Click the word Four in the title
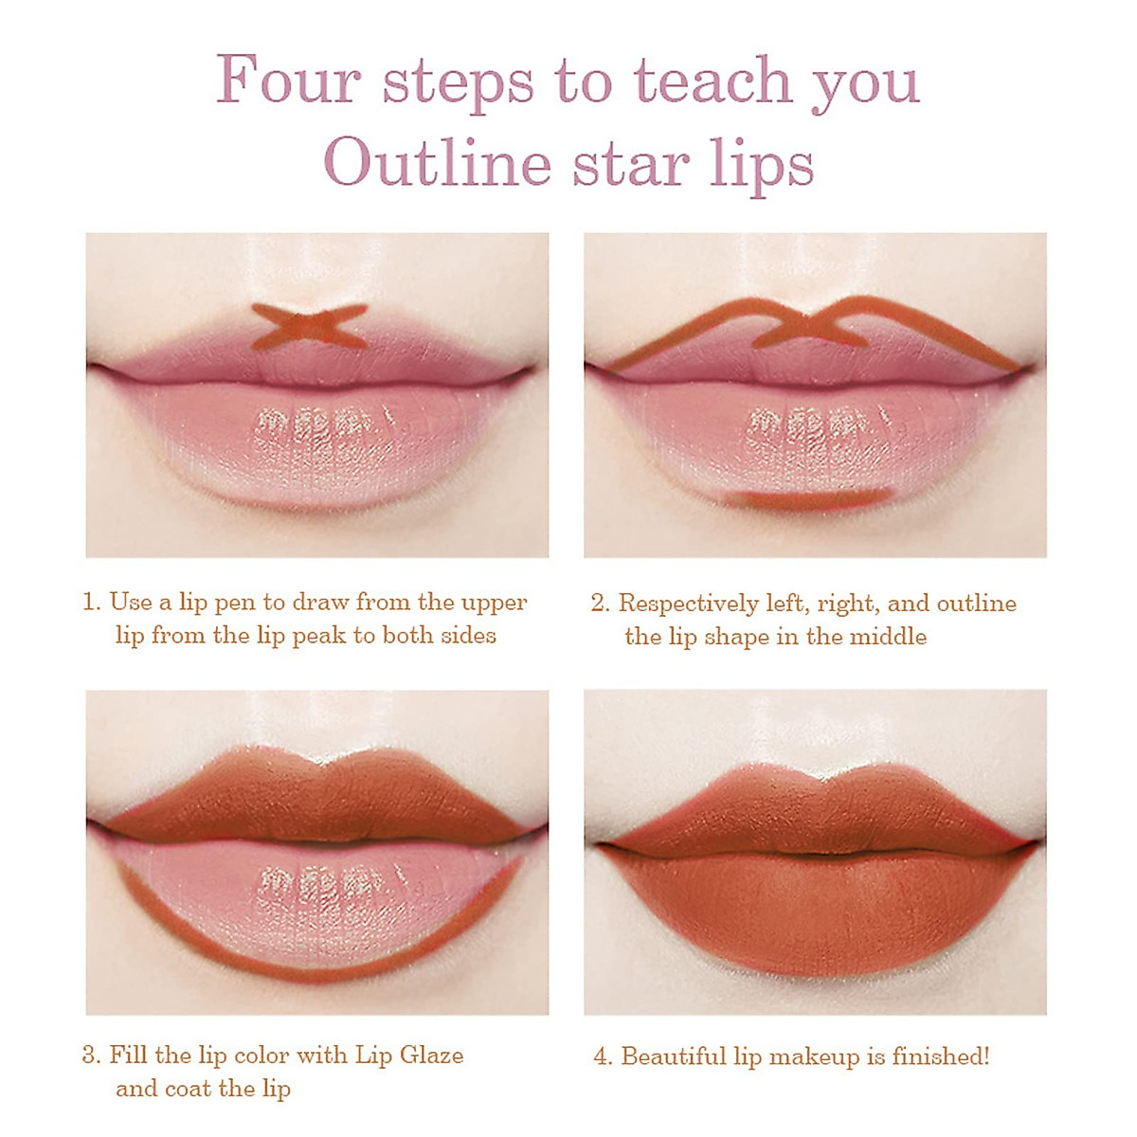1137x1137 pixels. [288, 80]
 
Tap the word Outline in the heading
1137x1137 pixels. [438, 163]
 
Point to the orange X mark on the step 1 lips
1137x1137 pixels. [309, 326]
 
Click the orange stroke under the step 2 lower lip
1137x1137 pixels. [808, 496]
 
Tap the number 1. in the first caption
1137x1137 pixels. [92, 603]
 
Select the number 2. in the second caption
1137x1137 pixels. [600, 604]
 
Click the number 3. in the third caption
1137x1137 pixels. [91, 1056]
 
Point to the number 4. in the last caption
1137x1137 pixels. [603, 1056]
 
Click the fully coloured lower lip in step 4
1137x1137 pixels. [815, 910]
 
